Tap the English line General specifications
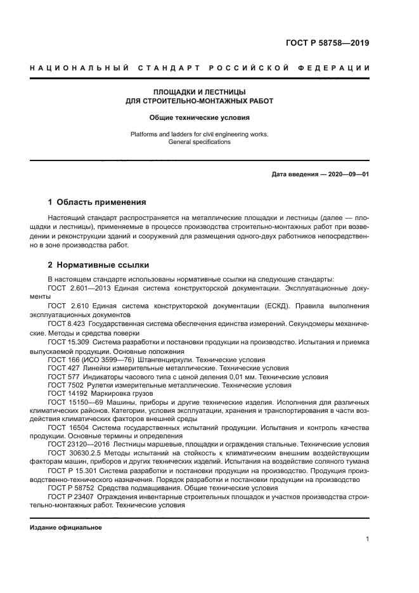coord(199,142)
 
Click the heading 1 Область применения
coord(97,203)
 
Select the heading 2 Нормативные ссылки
coord(98,265)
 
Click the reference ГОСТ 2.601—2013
coord(77,288)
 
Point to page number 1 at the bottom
coord(368,539)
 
